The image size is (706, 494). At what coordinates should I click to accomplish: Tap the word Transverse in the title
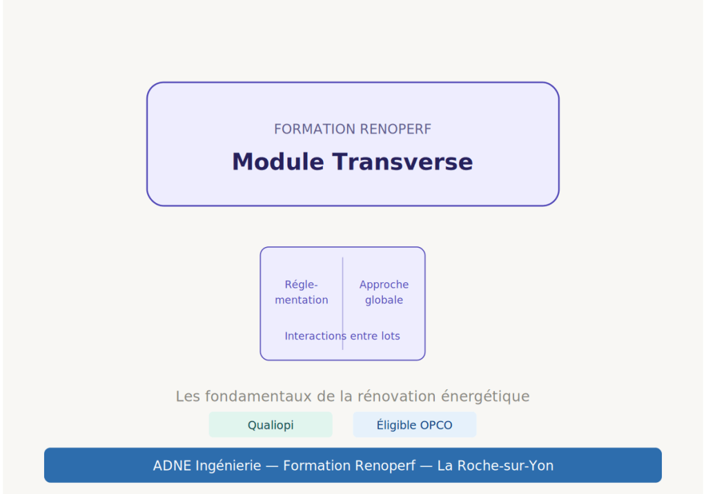pyautogui.click(x=402, y=162)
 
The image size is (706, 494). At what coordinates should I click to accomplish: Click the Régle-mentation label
pyautogui.click(x=302, y=293)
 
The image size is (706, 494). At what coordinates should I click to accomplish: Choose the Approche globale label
pyautogui.click(x=384, y=293)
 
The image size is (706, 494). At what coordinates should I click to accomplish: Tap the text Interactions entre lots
pyautogui.click(x=342, y=336)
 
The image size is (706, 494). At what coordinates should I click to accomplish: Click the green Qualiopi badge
pyautogui.click(x=271, y=425)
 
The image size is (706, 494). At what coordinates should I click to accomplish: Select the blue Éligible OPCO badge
pyautogui.click(x=414, y=425)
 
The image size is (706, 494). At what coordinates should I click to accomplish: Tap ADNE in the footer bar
pyautogui.click(x=173, y=466)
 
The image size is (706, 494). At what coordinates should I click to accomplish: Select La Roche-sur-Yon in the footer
pyautogui.click(x=495, y=466)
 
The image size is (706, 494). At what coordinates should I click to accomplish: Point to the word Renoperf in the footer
pyautogui.click(x=385, y=466)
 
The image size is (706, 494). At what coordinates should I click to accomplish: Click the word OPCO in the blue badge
pyautogui.click(x=436, y=425)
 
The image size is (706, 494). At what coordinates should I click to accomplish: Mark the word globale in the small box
pyautogui.click(x=384, y=300)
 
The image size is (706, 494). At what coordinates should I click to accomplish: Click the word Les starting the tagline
pyautogui.click(x=188, y=397)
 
